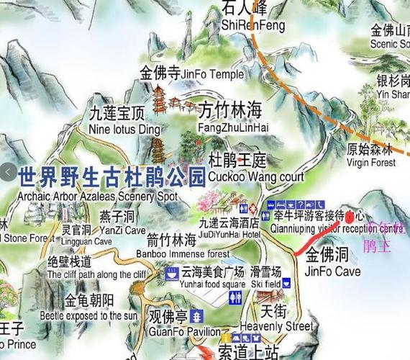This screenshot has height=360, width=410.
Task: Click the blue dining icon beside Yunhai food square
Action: click(x=173, y=273)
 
